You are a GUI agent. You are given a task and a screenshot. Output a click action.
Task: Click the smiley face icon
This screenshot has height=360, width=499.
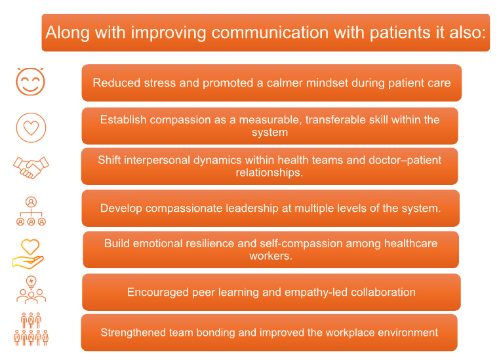point(30,81)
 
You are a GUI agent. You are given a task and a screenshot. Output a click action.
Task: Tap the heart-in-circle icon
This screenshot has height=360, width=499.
point(31,128)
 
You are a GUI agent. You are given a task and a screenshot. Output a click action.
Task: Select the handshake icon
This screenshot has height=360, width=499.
point(31,167)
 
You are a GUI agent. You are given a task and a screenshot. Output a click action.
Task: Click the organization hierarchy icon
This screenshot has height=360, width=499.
point(31,211)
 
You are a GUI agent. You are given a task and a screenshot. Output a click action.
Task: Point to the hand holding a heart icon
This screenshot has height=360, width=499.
point(28,254)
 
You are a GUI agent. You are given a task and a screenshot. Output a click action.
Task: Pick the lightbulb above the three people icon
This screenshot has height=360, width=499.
point(31,282)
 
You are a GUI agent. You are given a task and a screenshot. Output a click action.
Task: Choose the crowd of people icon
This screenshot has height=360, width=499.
point(31,329)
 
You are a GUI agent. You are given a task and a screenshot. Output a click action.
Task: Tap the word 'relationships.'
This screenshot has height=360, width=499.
point(269,173)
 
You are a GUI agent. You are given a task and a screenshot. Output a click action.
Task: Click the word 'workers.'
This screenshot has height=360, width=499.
point(271,256)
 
